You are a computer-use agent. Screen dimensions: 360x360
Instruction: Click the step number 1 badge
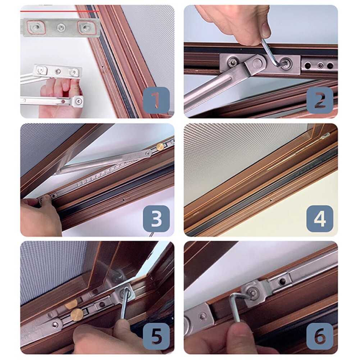click(x=156, y=100)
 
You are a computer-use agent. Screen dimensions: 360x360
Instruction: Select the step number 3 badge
click(x=156, y=218)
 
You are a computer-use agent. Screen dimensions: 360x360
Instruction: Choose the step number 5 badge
click(x=156, y=336)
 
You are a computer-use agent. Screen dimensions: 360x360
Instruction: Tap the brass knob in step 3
click(x=160, y=146)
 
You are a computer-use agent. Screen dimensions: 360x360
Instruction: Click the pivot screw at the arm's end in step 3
click(x=147, y=154)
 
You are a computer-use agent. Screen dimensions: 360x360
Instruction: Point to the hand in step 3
click(x=40, y=216)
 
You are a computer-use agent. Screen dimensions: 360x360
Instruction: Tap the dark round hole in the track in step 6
click(x=283, y=281)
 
